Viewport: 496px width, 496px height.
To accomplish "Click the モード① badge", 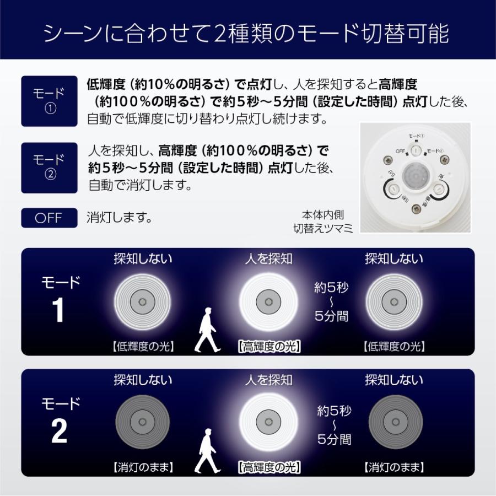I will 49,101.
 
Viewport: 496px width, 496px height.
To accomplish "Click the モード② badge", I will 49,168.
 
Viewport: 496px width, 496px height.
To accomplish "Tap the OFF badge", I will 49,218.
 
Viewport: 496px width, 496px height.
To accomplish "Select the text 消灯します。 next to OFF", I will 120,217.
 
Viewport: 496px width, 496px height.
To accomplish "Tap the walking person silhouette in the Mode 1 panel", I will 206,330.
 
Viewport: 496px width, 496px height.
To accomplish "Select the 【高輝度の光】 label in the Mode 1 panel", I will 269,347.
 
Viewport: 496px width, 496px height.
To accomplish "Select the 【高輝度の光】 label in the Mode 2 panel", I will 269,468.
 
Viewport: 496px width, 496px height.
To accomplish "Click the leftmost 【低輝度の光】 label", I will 143,347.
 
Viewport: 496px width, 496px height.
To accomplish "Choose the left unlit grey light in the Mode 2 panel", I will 143,422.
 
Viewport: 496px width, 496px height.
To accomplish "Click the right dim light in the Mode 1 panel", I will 393,301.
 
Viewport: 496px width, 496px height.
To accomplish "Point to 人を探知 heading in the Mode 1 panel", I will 268,258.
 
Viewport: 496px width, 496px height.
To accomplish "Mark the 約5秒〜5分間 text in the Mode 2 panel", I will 334,425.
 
